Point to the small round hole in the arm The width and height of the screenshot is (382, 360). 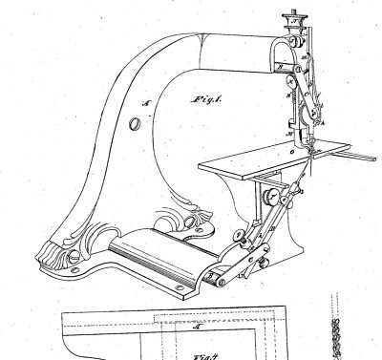[x=132, y=121]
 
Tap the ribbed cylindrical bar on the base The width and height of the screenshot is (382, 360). [x=153, y=257]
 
